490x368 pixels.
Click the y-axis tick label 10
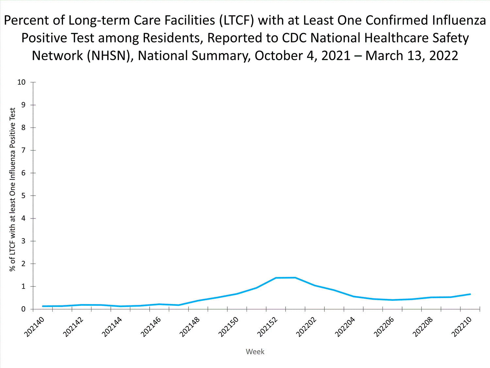[21, 82]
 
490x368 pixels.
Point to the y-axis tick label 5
[23, 196]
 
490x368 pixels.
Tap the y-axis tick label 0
[23, 309]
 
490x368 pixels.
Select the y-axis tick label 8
[23, 128]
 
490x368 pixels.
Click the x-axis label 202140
[34, 327]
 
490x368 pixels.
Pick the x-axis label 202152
[267, 327]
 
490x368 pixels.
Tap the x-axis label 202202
[306, 327]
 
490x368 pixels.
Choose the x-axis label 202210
[462, 327]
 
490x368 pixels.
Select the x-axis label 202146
[151, 327]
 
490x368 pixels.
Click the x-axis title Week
[255, 352]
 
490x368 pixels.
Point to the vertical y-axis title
[12, 190]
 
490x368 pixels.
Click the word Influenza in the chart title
[459, 20]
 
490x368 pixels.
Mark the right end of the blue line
[470, 294]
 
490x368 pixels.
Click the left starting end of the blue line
[43, 306]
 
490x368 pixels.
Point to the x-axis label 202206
[384, 327]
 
